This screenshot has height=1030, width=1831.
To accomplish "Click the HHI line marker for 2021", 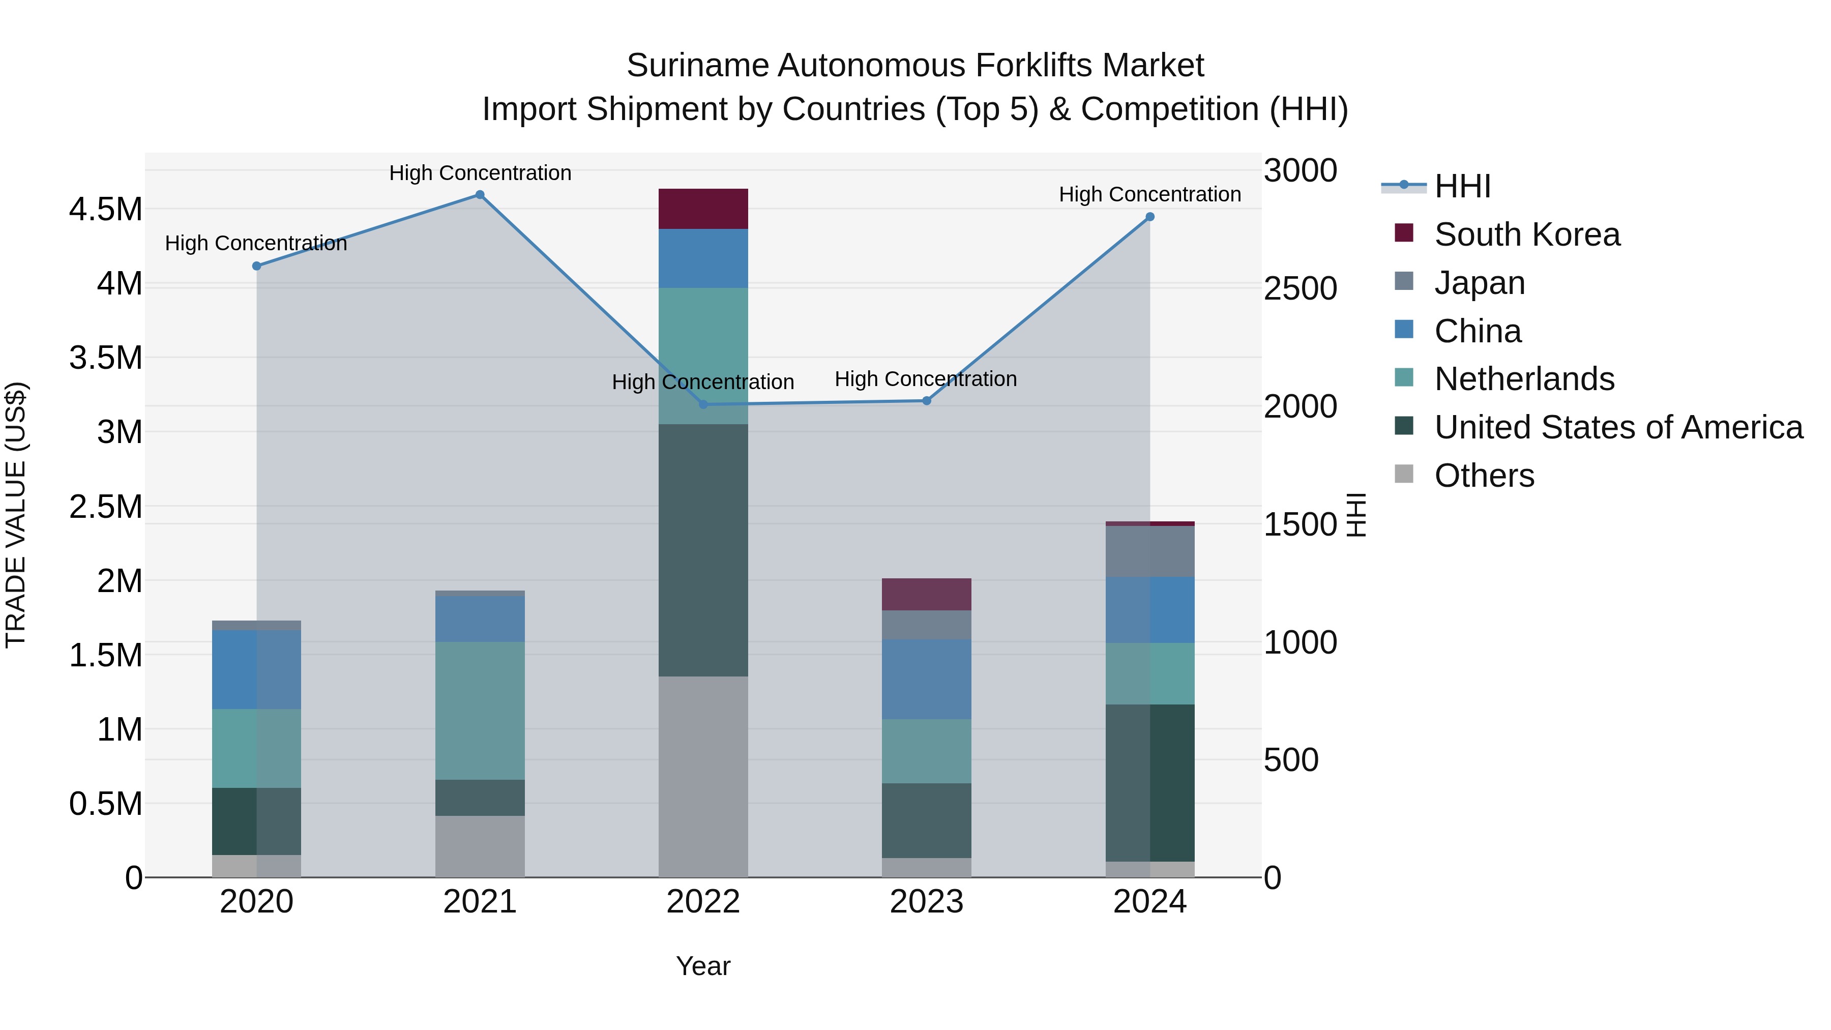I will click(x=480, y=195).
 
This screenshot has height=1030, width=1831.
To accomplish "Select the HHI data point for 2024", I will click(x=1150, y=217).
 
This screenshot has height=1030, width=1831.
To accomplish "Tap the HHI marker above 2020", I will click(x=257, y=266).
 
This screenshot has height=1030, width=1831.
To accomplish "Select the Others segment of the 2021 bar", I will click(x=480, y=846).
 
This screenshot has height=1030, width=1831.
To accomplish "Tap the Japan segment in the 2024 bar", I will click(x=1150, y=551).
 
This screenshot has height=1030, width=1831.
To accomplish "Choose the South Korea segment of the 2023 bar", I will click(x=926, y=594).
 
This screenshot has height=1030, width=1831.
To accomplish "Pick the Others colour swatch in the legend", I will click(x=1404, y=474).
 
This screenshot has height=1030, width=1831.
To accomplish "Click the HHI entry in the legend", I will click(x=1462, y=186).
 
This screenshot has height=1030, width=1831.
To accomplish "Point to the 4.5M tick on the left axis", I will click(x=105, y=210).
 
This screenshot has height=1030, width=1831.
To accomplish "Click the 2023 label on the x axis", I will click(x=926, y=902).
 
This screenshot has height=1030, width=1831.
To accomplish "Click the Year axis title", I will click(x=703, y=966).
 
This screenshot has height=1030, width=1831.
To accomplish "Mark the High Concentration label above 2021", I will click(x=480, y=173).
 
